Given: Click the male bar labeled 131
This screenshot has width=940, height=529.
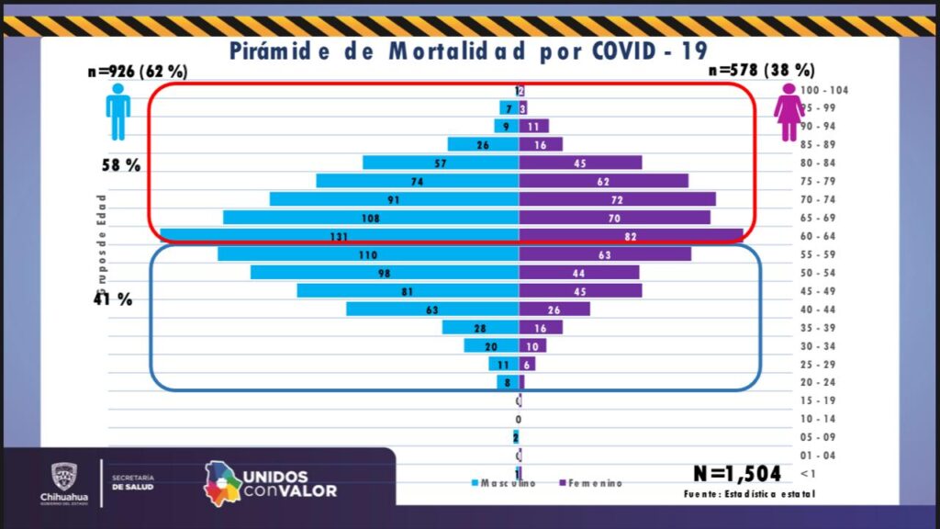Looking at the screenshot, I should (340, 236).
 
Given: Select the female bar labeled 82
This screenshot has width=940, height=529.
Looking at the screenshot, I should (631, 236).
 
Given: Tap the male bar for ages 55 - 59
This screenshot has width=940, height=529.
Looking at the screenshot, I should (368, 254).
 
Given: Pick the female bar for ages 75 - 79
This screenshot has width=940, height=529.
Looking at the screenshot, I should (603, 181).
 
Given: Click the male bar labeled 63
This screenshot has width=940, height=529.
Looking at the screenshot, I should (432, 310).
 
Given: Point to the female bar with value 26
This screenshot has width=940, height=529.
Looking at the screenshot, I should (554, 310).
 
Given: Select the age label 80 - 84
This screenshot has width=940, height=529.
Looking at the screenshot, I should (819, 163).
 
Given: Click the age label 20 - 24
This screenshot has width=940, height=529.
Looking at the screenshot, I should (819, 383).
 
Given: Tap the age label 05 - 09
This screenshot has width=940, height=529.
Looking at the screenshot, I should (819, 437).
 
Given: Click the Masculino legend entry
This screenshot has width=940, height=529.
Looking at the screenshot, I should (503, 483).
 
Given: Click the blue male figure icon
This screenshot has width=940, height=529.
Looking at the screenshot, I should (117, 111).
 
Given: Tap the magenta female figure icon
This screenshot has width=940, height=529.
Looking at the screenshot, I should (788, 111).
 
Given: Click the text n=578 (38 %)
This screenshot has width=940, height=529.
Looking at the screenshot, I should (761, 71).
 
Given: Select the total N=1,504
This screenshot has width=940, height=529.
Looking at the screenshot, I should (737, 473).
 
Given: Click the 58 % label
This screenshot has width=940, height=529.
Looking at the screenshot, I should (121, 166).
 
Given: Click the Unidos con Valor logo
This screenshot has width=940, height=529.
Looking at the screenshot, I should (270, 482).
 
